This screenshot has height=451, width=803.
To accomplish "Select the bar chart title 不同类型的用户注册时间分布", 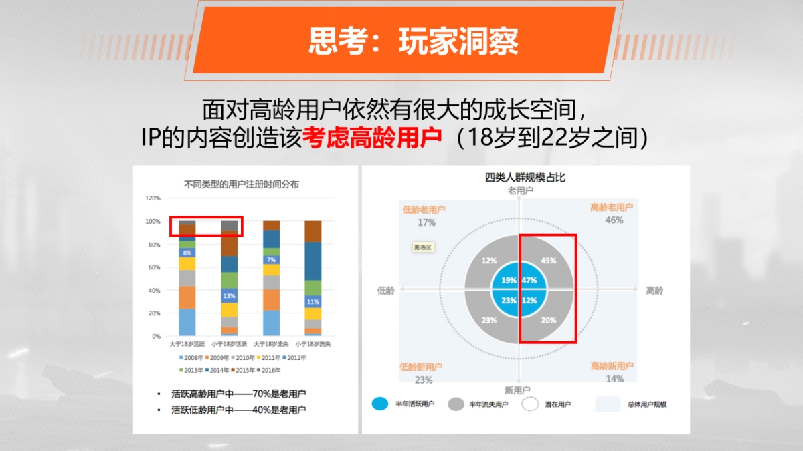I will [x=241, y=184].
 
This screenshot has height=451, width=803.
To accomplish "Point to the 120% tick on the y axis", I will [x=153, y=198].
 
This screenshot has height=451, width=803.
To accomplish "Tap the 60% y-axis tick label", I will [x=154, y=267].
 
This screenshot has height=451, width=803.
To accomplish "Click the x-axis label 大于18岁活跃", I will [x=187, y=344].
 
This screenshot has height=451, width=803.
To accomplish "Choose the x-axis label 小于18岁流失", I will [x=313, y=344].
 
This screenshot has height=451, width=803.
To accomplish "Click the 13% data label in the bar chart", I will [x=229, y=296].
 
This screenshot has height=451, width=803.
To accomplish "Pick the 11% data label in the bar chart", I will [x=313, y=302].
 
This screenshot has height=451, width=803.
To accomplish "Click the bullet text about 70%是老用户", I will [x=238, y=394].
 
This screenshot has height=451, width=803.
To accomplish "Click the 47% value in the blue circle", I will [x=530, y=281].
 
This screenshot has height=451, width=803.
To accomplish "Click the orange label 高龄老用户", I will [x=611, y=208].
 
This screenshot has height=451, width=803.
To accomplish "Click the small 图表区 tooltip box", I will [x=423, y=247].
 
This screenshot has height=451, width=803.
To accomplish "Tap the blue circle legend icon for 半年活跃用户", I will [x=380, y=404].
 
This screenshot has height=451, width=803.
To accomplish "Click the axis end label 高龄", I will [x=654, y=291].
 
